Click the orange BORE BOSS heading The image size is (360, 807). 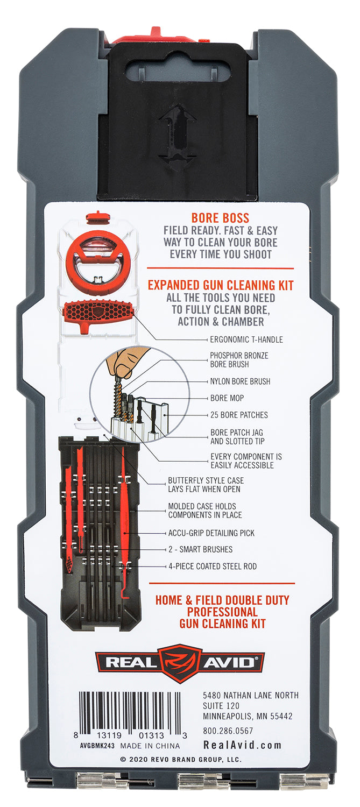click(x=220, y=218)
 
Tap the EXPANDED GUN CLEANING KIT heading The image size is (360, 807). click(x=221, y=285)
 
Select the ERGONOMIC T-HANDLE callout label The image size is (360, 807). click(x=246, y=339)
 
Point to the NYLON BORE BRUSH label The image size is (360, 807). click(x=240, y=381)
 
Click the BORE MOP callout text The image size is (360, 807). click(x=227, y=398)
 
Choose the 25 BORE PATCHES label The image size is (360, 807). click(x=239, y=415)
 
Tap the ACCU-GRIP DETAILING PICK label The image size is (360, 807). click(x=211, y=533)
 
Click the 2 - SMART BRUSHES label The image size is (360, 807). click(x=200, y=549)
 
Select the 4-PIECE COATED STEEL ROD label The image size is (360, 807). click(x=213, y=567)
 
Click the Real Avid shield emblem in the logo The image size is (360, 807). click(x=180, y=663)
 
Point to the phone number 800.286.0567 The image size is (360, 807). click(x=228, y=731)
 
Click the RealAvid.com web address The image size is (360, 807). click(x=243, y=745)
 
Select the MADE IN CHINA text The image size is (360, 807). click(x=150, y=746)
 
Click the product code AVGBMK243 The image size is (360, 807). click(x=97, y=746)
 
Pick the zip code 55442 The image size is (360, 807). click(x=281, y=716)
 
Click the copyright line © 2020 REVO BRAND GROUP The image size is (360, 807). click(x=181, y=760)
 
